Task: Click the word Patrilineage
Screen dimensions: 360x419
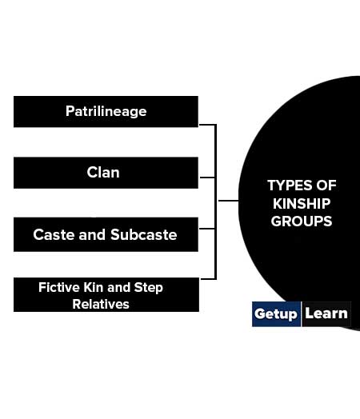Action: click(106, 111)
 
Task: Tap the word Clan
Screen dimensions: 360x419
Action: click(103, 173)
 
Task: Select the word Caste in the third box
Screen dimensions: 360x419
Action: click(54, 234)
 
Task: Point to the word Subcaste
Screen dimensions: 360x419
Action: click(144, 234)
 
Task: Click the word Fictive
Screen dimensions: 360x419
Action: click(59, 288)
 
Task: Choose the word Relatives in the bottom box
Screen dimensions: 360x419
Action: click(101, 304)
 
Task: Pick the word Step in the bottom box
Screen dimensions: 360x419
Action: click(148, 288)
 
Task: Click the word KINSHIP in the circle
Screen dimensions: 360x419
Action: click(302, 204)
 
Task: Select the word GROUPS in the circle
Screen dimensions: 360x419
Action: click(302, 221)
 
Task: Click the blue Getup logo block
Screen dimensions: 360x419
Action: click(276, 314)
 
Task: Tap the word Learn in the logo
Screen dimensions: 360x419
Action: click(326, 313)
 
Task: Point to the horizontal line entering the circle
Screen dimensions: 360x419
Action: click(229, 201)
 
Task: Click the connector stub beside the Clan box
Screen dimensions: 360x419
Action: click(207, 178)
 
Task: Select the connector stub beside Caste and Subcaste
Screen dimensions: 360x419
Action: click(207, 229)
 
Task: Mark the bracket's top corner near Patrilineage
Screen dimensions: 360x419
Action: click(215, 125)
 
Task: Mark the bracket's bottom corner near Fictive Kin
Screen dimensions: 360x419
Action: click(215, 279)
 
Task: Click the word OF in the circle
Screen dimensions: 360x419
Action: click(326, 186)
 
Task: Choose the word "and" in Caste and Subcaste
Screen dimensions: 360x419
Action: click(92, 234)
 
